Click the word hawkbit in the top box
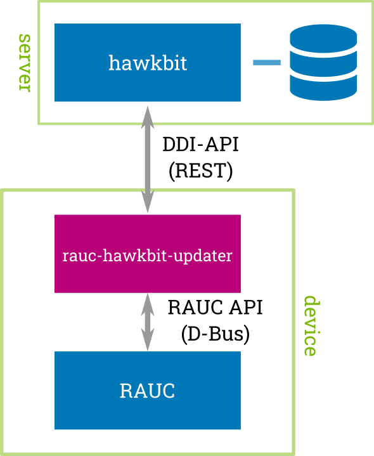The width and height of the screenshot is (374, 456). point(148,63)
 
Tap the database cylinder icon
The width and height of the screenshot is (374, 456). point(323,62)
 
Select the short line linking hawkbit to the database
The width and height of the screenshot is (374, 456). point(267,62)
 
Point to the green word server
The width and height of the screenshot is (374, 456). point(25,63)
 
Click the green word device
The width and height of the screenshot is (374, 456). point(310,326)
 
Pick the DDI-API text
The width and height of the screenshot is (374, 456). point(200,144)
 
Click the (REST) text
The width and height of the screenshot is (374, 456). point(200,171)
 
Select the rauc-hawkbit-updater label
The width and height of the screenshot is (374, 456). point(148,256)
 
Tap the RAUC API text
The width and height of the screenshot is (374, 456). point(216,308)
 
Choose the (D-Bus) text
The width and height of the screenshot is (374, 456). point(216,334)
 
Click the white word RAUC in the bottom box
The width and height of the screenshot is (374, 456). point(147,391)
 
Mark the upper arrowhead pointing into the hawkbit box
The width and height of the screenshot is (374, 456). point(148,117)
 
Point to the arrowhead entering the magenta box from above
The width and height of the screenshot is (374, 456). point(148,202)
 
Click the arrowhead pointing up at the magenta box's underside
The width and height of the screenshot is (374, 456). point(148,304)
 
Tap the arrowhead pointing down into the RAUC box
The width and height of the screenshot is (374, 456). point(148,340)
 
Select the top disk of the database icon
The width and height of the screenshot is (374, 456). point(323,39)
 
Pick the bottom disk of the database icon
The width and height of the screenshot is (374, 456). point(323,88)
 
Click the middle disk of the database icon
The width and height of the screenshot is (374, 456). point(323,63)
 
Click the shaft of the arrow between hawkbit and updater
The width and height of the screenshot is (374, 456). point(148,159)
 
